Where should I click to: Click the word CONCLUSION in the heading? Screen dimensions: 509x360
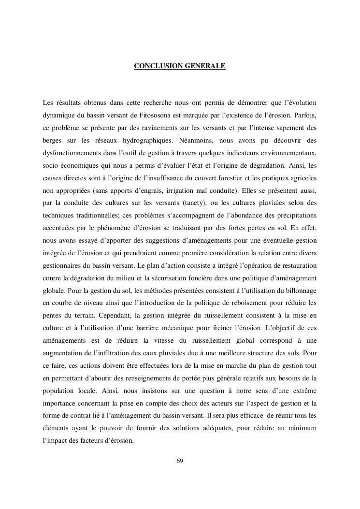(x=157, y=65)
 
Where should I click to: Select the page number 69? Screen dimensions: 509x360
(x=180, y=460)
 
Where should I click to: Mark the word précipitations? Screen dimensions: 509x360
(x=294, y=216)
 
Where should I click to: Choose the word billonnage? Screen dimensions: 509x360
(x=300, y=291)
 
